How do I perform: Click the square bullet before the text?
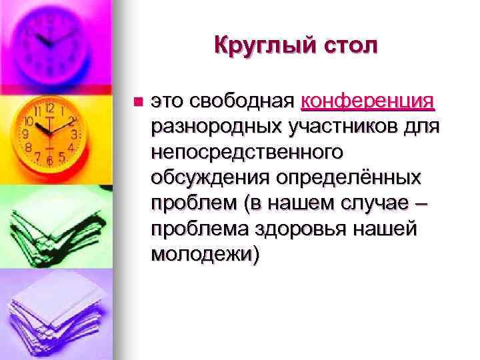pyautogui.click(x=138, y=102)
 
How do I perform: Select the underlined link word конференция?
pyautogui.click(x=368, y=101)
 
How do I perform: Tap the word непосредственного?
pyautogui.click(x=247, y=153)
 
